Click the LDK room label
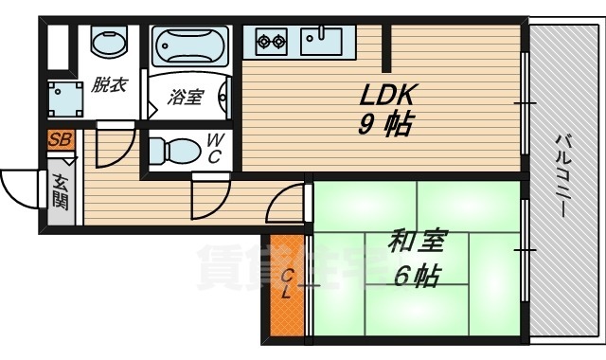[x=387, y=96]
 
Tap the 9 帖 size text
[x=384, y=124]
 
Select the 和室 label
[x=418, y=242]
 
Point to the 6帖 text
[x=417, y=276]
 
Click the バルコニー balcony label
[x=562, y=176]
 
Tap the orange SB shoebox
[x=61, y=140]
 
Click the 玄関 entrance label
[x=61, y=191]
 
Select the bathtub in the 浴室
[x=189, y=46]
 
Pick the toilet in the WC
[x=174, y=151]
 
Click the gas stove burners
[x=272, y=41]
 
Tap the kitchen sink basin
[x=322, y=41]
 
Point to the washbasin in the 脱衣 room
[x=110, y=41]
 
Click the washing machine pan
[x=65, y=99]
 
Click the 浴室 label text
[x=186, y=97]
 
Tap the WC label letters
[x=214, y=149]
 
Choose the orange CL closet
[x=286, y=285]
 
